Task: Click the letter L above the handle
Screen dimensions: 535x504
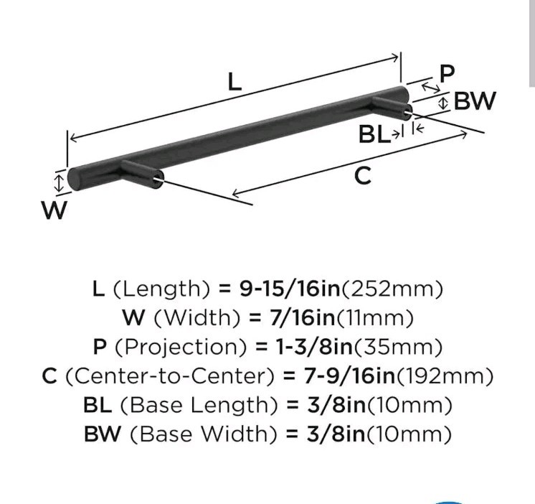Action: coord(235,83)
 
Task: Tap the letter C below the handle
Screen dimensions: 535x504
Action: coord(362,175)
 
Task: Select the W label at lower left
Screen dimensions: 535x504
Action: coord(55,210)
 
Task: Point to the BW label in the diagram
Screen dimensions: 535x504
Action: coord(475,101)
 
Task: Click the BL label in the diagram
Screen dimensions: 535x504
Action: coord(374,134)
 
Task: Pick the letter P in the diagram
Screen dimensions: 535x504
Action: coord(448,73)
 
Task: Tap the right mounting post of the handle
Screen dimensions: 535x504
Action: coord(392,107)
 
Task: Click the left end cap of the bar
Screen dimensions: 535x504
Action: coord(75,179)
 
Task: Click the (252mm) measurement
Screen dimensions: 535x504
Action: coord(392,289)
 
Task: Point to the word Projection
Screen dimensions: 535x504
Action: coord(181,347)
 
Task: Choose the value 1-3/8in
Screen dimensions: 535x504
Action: coord(314,347)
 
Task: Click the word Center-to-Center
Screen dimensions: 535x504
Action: coord(169,376)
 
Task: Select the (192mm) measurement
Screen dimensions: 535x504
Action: coord(445,376)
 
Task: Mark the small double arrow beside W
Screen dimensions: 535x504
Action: coord(60,183)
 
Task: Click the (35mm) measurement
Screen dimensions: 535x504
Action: coord(398,347)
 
